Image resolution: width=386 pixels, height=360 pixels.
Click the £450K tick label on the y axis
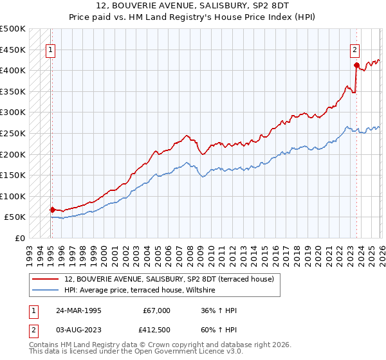(x=13, y=50)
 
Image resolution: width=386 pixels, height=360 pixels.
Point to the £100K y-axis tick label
(x=13, y=196)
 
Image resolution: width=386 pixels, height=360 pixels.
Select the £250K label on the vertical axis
(x=13, y=133)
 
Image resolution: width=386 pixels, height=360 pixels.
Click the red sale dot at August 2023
(x=356, y=65)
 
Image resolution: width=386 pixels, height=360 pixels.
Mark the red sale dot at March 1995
(x=52, y=210)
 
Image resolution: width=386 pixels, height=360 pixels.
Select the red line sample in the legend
(x=46, y=279)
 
